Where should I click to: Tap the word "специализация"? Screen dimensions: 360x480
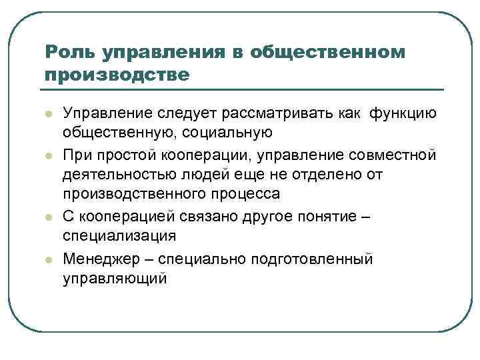120,236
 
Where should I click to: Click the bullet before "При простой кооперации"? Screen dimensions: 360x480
49,155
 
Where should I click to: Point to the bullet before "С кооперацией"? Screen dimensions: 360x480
49,217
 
